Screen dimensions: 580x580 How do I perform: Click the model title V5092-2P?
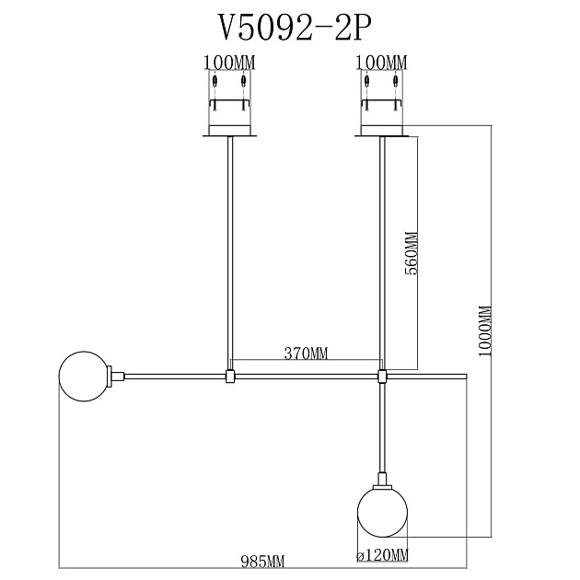[x=296, y=29]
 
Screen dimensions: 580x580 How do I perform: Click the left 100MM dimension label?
[x=229, y=63]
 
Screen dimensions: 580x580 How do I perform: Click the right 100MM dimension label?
[x=381, y=63]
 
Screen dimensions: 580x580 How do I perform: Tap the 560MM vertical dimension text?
[x=412, y=253]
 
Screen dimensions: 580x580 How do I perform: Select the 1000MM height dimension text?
[x=485, y=331]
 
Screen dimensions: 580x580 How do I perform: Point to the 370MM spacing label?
[x=306, y=354]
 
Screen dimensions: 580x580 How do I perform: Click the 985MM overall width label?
[x=263, y=563]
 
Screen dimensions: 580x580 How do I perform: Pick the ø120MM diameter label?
[x=382, y=555]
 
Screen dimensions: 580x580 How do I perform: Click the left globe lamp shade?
[x=84, y=377]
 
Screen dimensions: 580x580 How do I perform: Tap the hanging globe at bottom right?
[x=382, y=512]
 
